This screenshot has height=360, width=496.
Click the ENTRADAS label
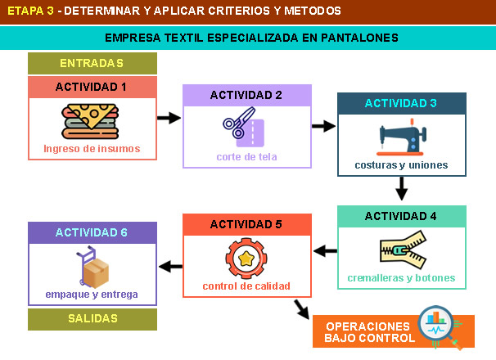(92, 63)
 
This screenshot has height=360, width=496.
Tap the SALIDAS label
(92, 318)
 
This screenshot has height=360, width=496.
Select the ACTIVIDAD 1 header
(92, 87)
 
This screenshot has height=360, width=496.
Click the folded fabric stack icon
(92, 121)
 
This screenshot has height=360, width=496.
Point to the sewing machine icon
(401, 137)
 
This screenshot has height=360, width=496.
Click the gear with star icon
(246, 259)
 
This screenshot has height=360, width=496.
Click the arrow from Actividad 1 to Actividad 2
(169, 118)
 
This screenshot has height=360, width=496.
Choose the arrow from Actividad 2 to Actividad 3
(324, 126)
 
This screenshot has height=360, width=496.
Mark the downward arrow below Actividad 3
(401, 191)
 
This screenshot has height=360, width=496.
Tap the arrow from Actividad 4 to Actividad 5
(325, 251)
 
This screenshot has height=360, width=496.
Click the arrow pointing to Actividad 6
(169, 266)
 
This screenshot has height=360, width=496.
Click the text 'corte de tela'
(246, 156)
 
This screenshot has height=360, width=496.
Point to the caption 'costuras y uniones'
(401, 164)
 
